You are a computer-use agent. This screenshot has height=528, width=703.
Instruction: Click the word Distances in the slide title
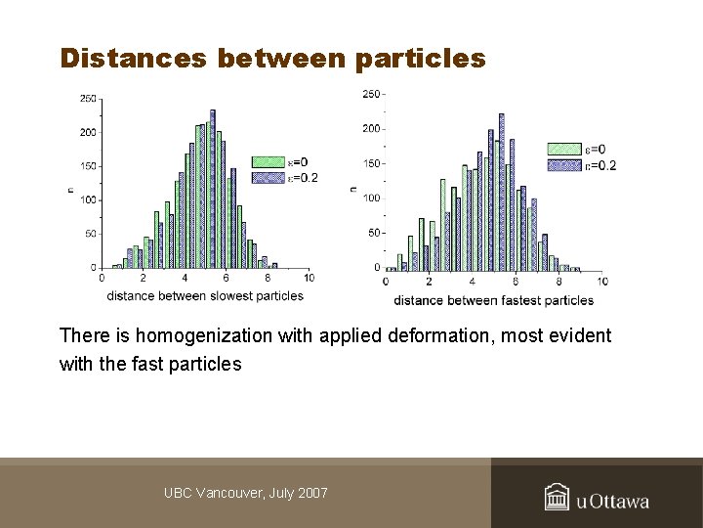point(133,59)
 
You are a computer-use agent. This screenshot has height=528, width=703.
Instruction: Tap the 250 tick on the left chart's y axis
point(88,98)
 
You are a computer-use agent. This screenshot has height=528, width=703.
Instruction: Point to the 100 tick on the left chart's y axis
point(88,199)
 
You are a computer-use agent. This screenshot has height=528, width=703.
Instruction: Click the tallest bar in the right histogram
point(502,191)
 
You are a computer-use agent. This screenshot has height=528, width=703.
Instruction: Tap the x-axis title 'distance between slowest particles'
point(205,296)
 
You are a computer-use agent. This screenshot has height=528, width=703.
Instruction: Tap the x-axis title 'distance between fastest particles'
point(494,300)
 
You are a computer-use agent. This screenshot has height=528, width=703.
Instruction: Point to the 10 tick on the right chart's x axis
point(601,282)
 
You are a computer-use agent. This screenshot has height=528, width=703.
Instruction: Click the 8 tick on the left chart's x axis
point(268,278)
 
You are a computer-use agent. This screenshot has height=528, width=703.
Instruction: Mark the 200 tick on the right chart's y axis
point(371,129)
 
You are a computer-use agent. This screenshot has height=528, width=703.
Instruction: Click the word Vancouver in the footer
point(227,493)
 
